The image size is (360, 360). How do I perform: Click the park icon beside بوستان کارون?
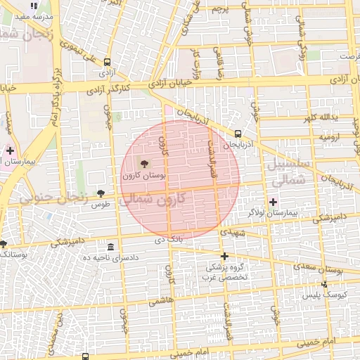point(135,164)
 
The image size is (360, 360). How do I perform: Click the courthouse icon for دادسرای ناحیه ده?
point(111,247)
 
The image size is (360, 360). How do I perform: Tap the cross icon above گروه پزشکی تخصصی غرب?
point(224,256)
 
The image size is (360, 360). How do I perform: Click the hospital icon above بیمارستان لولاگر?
point(274,202)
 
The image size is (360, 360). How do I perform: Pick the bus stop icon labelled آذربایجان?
point(238,133)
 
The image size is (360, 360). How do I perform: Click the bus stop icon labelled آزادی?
point(107,63)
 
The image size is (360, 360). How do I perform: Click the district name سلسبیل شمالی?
point(285,172)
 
